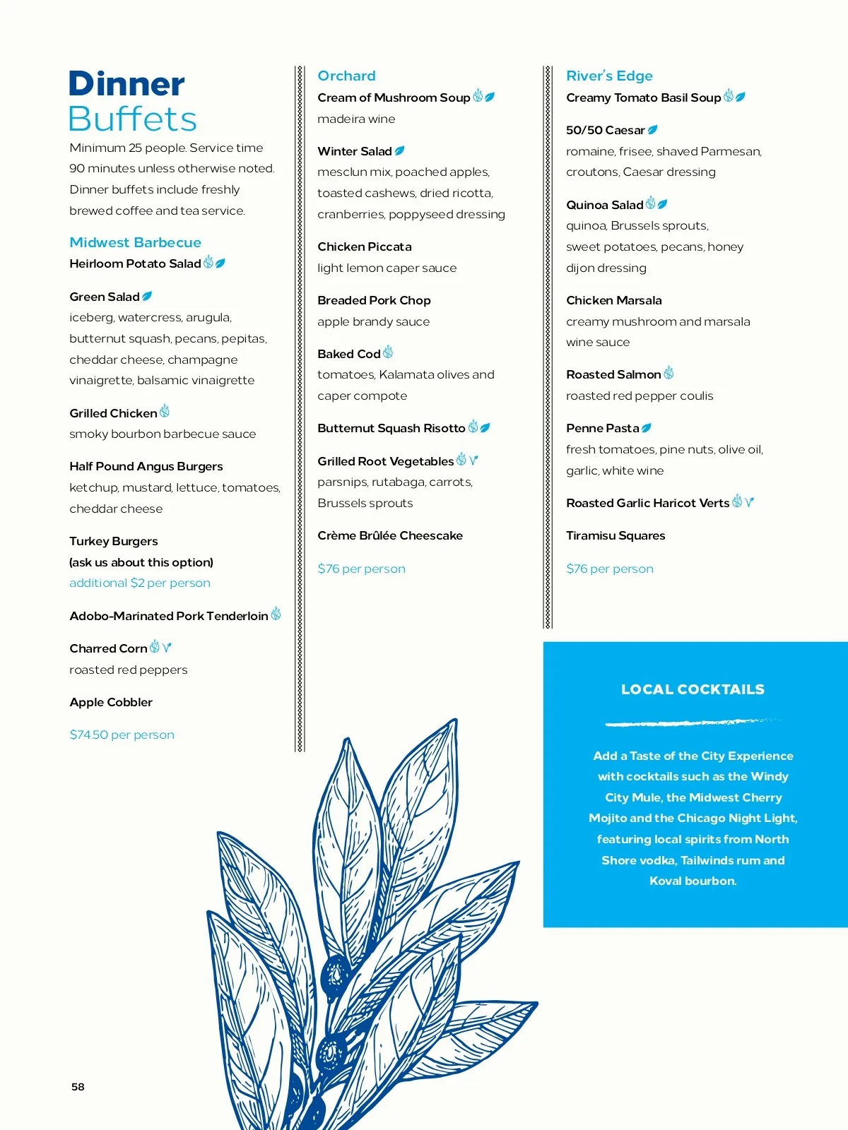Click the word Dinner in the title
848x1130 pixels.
[126, 84]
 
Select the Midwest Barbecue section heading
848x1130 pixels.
[135, 242]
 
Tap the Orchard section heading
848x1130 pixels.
[346, 76]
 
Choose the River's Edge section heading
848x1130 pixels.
[609, 76]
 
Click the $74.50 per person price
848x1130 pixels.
[122, 734]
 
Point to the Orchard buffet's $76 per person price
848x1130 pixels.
[361, 569]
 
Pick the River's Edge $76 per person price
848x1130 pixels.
[609, 569]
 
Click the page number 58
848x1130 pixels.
[78, 1087]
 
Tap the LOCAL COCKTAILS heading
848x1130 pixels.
[693, 689]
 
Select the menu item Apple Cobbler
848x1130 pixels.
[111, 702]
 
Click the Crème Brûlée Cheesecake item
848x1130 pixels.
[390, 535]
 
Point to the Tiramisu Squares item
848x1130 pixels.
[616, 535]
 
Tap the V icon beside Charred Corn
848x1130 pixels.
[167, 648]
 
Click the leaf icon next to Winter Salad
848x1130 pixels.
[399, 150]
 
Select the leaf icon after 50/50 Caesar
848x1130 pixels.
[652, 130]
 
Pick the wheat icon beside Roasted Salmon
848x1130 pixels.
[669, 373]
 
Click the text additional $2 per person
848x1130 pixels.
[140, 583]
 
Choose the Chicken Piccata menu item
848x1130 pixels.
[364, 246]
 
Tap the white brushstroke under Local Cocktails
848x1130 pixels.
[693, 722]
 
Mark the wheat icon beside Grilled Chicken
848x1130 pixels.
[165, 411]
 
